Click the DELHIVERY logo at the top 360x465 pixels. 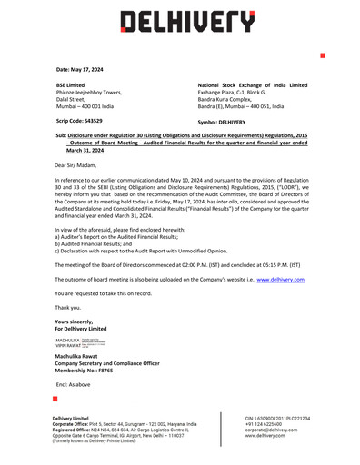(x=180, y=20)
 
